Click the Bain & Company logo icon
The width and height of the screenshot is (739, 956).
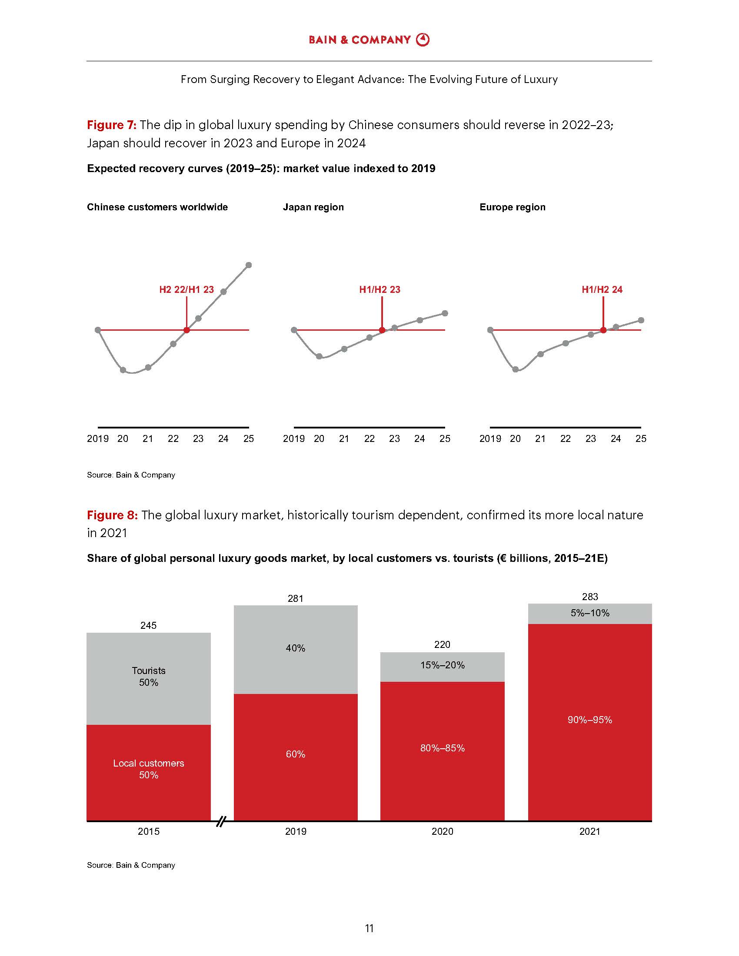pos(423,40)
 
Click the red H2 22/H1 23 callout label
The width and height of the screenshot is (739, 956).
pos(186,289)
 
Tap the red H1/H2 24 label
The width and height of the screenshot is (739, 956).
pos(602,289)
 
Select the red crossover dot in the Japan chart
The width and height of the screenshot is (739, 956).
pos(382,330)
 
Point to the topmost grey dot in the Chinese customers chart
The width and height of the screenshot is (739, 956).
pos(249,265)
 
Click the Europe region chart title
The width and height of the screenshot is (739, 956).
pos(512,207)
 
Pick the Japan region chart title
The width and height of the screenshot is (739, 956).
pos(313,207)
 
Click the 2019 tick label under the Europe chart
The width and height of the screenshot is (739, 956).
pos(490,438)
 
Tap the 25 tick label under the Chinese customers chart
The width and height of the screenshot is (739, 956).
pos(249,438)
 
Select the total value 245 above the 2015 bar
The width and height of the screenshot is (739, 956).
pos(148,625)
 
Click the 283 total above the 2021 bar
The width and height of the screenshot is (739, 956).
pos(590,597)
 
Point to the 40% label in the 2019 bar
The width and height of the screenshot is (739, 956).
pos(296,648)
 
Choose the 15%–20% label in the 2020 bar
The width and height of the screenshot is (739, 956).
pos(442,665)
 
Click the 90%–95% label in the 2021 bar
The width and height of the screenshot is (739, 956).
pos(590,720)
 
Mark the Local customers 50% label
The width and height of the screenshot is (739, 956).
pos(148,769)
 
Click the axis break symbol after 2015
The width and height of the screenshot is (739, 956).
pos(222,821)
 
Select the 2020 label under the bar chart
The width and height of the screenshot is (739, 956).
pos(442,831)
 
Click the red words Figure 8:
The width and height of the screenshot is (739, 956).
pos(112,515)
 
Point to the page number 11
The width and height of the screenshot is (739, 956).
pos(369,928)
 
